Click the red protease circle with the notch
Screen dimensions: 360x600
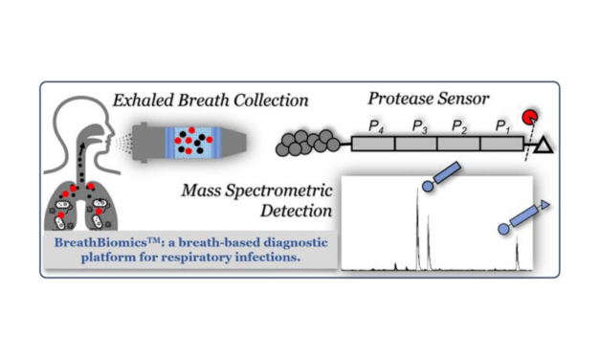pos(529,120)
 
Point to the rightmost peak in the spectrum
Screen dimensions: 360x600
pos(517,254)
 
